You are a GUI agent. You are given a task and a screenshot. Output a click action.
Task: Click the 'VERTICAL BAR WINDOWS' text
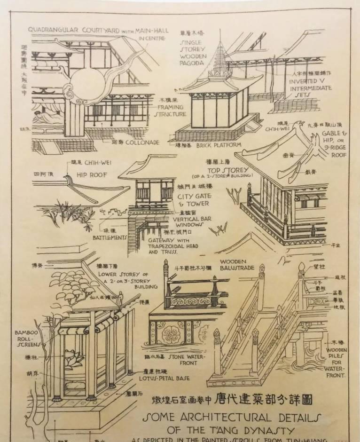(x=192, y=222)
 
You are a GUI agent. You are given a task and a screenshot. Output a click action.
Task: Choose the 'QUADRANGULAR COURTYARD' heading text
(x=73, y=30)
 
